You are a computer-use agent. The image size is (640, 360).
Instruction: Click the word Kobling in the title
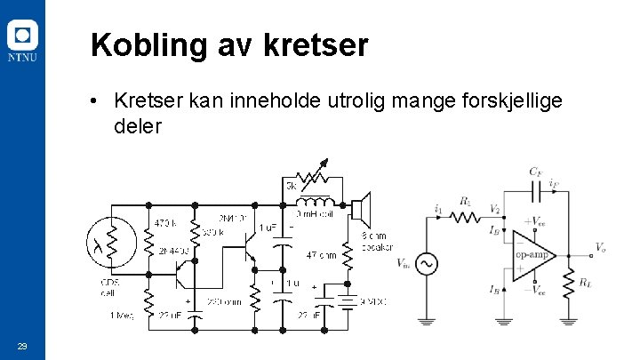(148, 45)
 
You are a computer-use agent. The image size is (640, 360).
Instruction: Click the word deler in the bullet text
(137, 126)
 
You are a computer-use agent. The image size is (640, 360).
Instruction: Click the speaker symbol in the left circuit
(359, 211)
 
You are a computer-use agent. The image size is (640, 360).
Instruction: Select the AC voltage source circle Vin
(426, 264)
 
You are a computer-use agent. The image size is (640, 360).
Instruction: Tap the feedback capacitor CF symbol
(536, 189)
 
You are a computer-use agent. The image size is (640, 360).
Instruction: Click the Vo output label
(602, 247)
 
